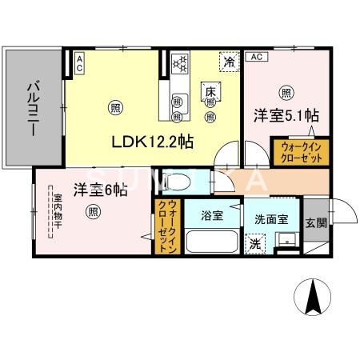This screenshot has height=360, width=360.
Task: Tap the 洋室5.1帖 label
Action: (x=277, y=114)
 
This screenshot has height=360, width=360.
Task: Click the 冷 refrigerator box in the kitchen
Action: (x=230, y=62)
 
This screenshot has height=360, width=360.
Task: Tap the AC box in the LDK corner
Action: (x=80, y=63)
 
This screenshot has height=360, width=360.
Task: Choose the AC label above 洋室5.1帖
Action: (x=256, y=57)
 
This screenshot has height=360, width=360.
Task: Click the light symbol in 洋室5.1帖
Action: (x=286, y=92)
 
